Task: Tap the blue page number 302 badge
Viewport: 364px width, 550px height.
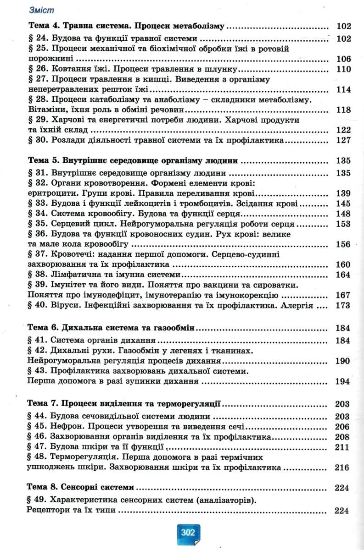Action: [188, 533]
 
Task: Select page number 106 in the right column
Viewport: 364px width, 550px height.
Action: [343, 59]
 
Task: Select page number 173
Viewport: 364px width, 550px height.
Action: [343, 305]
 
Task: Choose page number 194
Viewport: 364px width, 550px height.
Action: [343, 381]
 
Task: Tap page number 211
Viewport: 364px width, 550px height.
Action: [343, 447]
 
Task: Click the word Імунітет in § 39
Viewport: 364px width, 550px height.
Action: [69, 285]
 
